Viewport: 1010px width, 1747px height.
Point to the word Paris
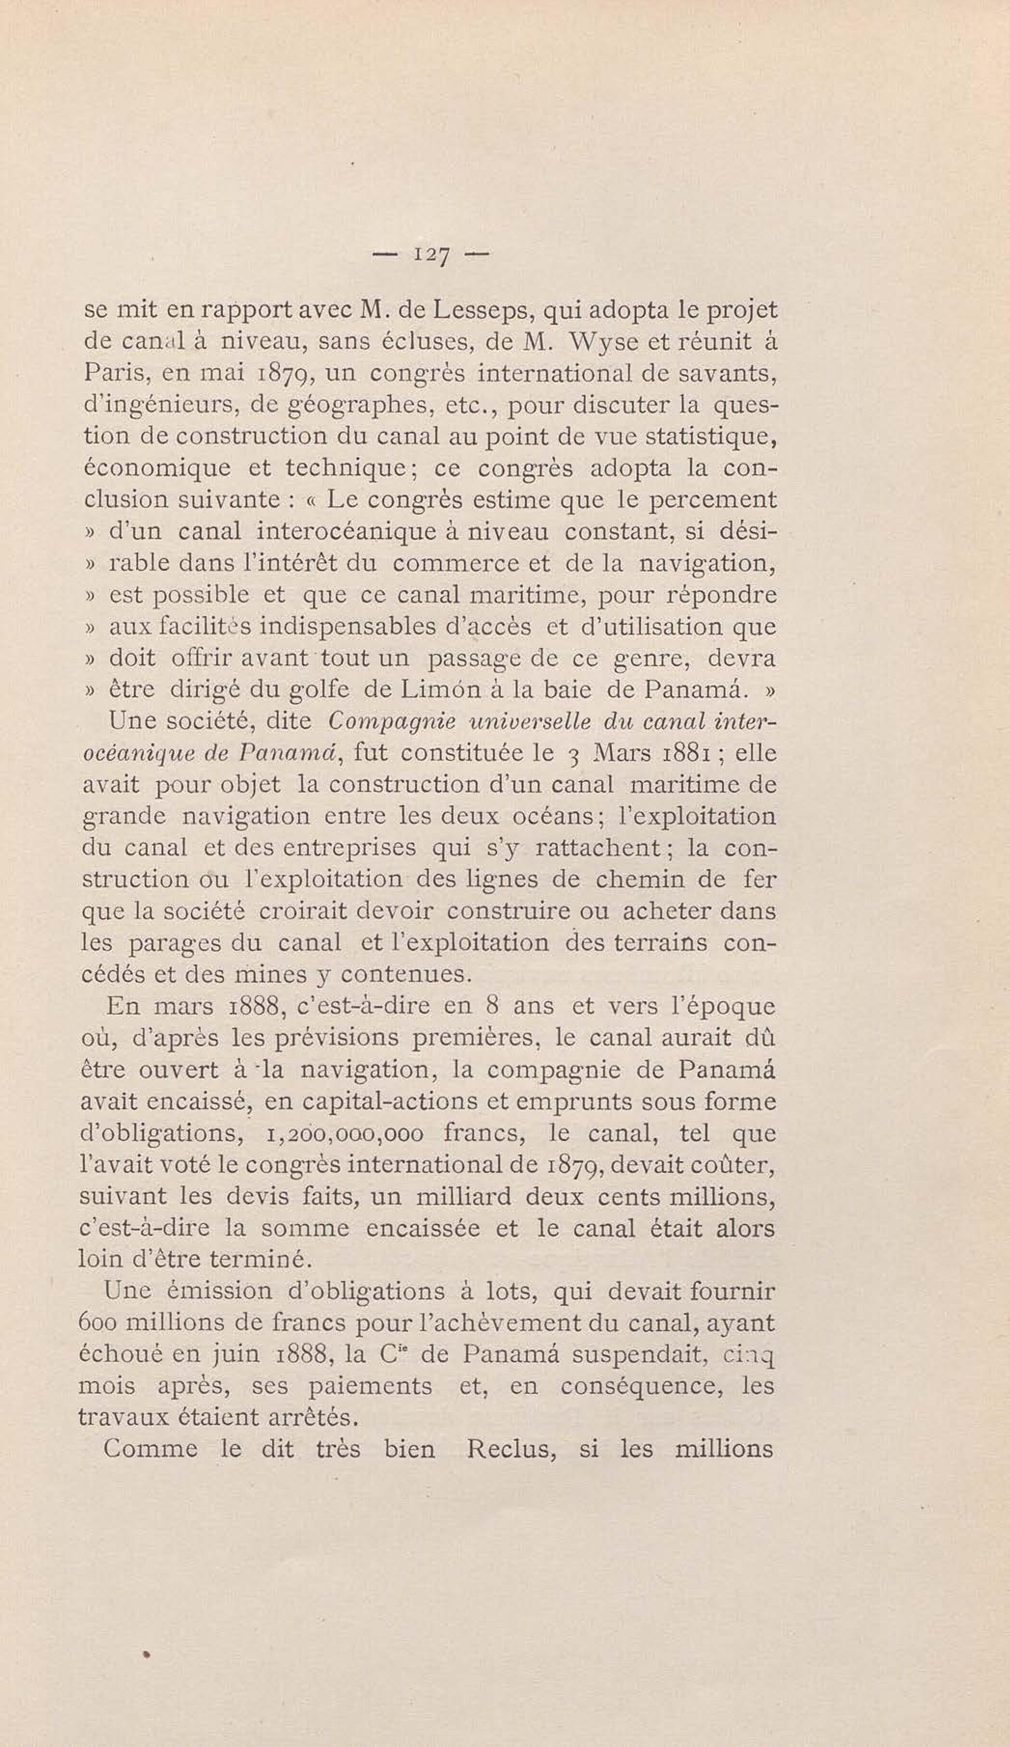[x=114, y=374]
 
